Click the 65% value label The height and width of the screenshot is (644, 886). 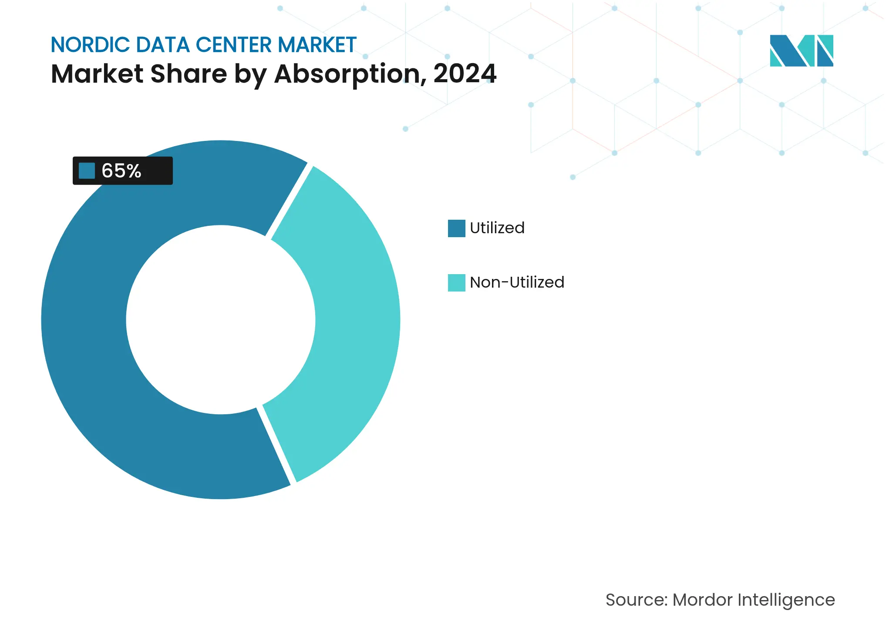(121, 171)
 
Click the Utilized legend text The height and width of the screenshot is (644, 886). (497, 228)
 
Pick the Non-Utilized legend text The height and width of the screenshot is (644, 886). (517, 282)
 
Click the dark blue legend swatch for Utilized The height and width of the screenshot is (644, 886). (456, 228)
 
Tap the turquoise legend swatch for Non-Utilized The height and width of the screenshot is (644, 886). (456, 282)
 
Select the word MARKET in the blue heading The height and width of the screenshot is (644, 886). (317, 45)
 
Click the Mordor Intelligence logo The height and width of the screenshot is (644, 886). (801, 50)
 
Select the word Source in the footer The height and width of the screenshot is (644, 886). (636, 600)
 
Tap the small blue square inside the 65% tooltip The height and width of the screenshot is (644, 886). (87, 171)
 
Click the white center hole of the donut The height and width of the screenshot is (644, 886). (220, 320)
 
